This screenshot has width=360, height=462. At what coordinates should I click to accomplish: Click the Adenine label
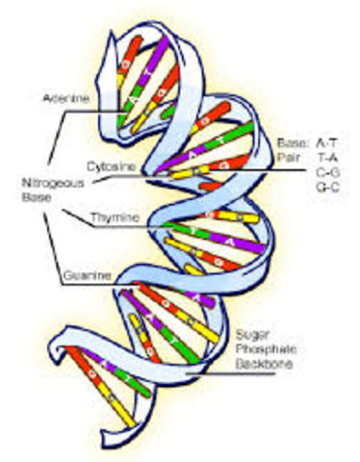65,98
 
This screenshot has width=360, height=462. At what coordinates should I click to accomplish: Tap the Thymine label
114,218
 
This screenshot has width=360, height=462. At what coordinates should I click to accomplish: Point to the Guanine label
84,275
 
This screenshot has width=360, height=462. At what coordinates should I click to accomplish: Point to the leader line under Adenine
87,110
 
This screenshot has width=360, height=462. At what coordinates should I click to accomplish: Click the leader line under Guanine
87,286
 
